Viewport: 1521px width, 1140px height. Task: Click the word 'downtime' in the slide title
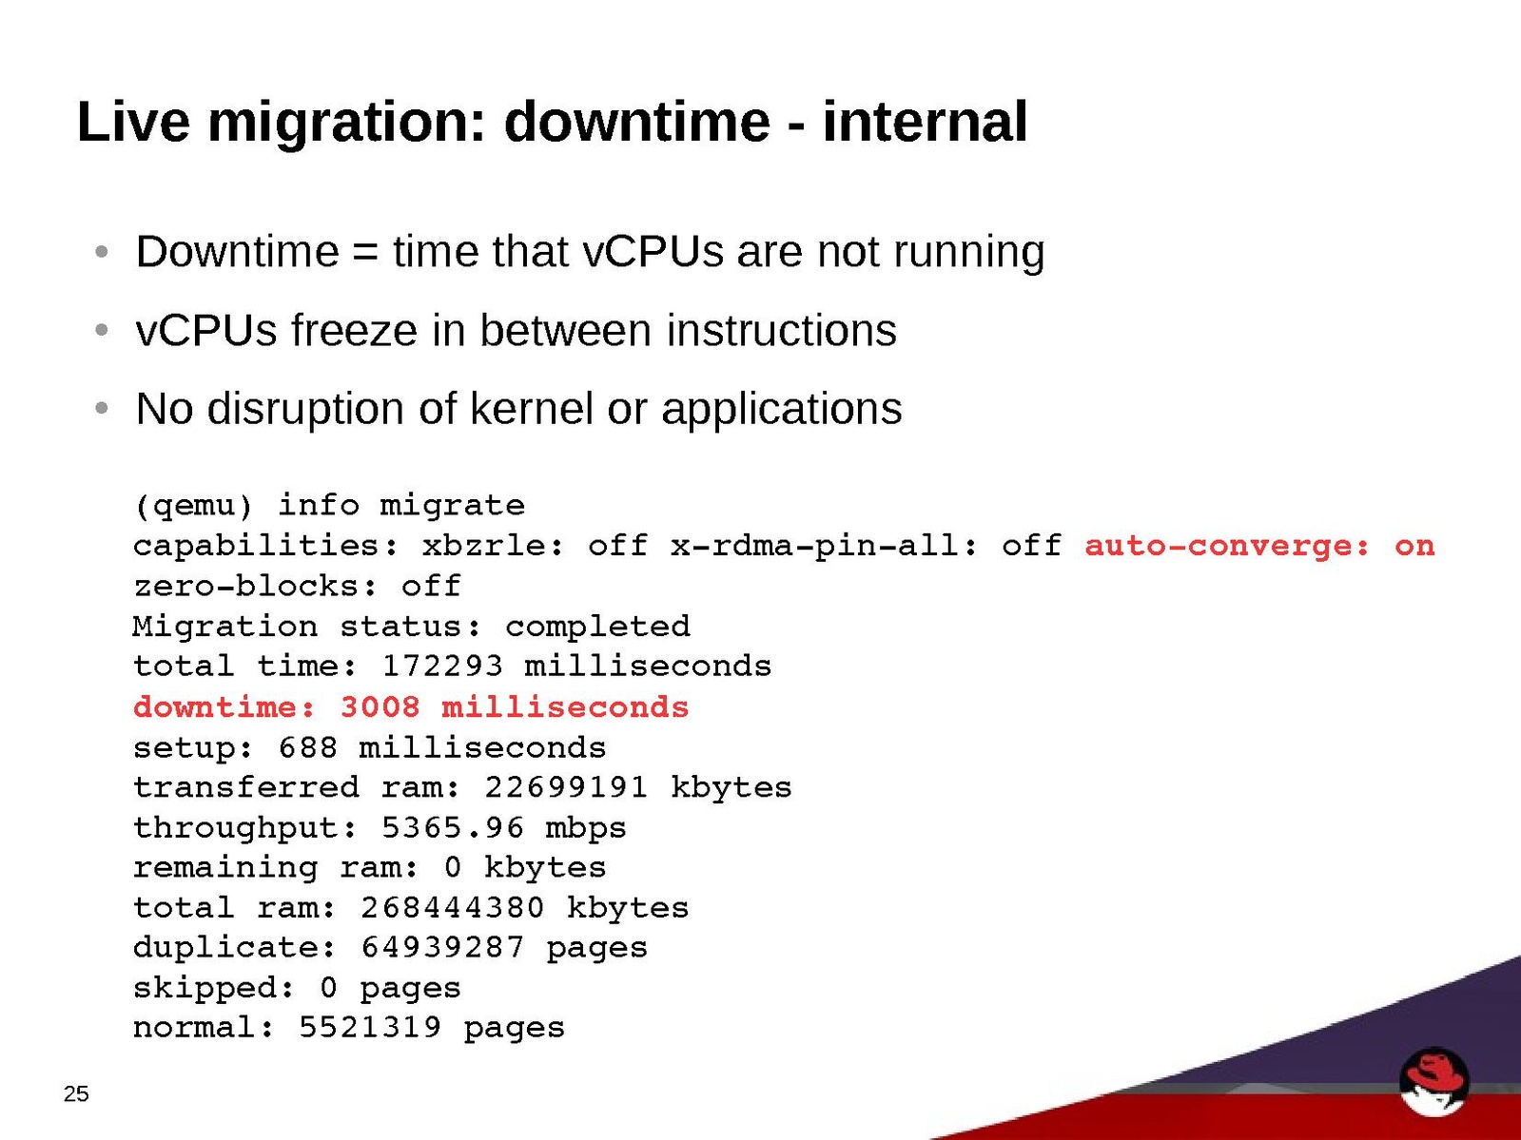point(636,122)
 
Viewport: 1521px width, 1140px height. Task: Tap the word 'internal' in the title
point(925,122)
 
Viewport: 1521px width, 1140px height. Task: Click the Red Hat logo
point(1433,1081)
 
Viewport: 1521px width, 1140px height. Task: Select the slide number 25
point(76,1093)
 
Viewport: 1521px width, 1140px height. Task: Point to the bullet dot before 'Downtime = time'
point(102,251)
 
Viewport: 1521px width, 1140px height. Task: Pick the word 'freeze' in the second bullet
point(354,330)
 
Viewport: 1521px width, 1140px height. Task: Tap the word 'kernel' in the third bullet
point(531,408)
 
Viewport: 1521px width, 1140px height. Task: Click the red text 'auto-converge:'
point(1227,546)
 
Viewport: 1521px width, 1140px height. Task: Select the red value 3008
point(380,707)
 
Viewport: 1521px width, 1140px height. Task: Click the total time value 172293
point(441,667)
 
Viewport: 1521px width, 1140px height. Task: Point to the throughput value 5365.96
point(452,827)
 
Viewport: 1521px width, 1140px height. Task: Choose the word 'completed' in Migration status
point(597,628)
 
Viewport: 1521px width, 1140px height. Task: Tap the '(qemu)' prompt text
point(193,506)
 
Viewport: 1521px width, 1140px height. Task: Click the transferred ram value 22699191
point(565,787)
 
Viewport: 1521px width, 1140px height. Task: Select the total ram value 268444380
point(452,908)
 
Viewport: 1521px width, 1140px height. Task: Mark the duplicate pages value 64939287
point(442,947)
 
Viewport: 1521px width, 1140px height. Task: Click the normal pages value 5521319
point(369,1028)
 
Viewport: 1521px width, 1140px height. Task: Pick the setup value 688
point(307,748)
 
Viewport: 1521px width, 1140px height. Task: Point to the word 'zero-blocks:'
point(255,587)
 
